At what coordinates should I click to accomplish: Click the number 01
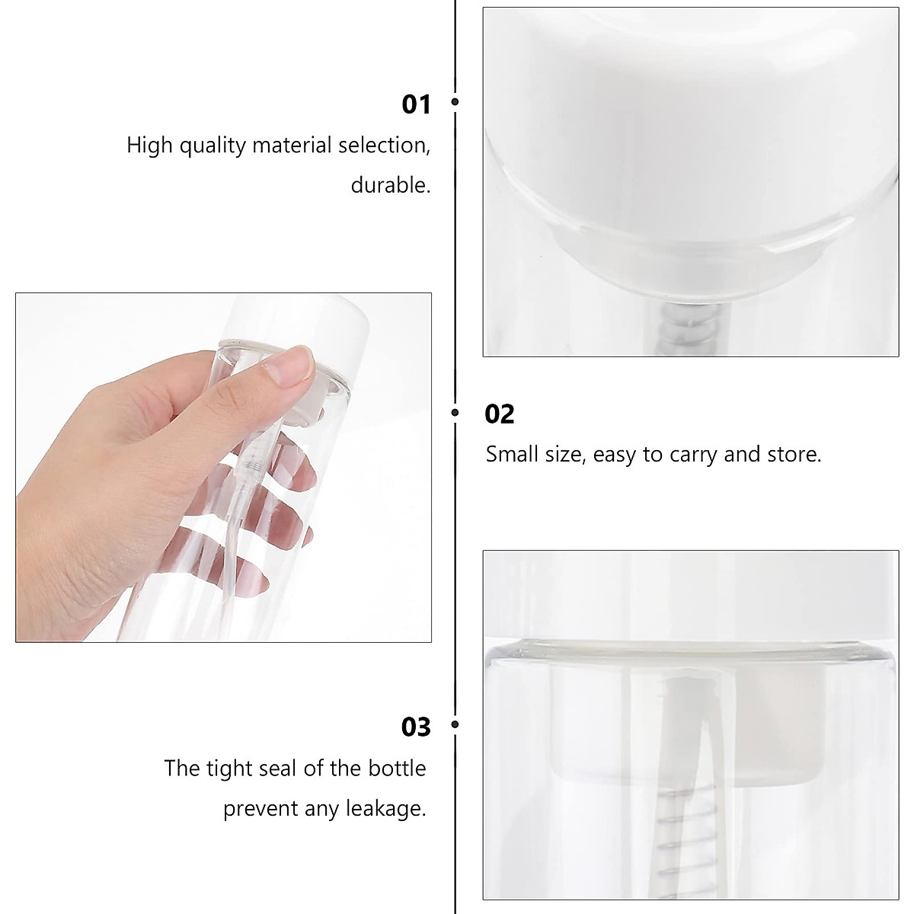coord(416,104)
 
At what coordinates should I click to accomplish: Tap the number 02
coord(500,414)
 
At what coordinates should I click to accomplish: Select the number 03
coord(416,727)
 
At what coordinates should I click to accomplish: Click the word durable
coord(390,185)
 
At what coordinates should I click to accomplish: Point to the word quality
coord(213,145)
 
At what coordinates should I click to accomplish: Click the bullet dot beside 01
coord(455,101)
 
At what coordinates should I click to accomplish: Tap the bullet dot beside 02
coord(455,412)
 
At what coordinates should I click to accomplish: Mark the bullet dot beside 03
coord(455,724)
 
